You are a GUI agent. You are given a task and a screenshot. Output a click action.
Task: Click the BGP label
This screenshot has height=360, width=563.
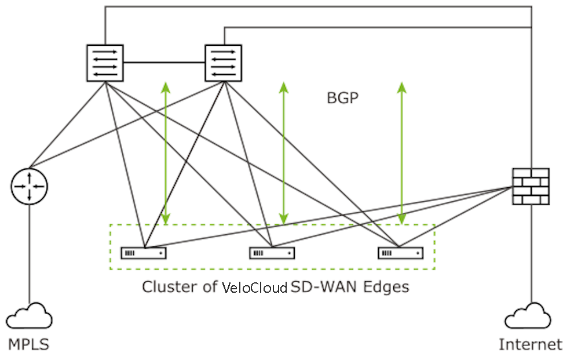(342, 98)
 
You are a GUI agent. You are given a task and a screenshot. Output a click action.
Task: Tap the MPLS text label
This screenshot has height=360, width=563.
(28, 344)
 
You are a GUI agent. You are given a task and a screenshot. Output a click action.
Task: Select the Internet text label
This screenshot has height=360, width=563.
(531, 344)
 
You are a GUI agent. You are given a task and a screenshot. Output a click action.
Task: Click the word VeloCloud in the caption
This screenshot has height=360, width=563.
(255, 288)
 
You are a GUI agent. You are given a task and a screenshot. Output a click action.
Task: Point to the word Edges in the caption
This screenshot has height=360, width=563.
(386, 287)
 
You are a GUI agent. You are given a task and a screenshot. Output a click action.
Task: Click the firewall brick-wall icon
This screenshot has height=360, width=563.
(531, 187)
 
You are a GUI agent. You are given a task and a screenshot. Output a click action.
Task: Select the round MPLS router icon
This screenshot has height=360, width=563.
(30, 187)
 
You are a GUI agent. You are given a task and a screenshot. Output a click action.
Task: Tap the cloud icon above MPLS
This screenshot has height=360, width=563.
(29, 316)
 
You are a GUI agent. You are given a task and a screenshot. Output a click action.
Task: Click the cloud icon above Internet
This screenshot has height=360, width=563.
(528, 316)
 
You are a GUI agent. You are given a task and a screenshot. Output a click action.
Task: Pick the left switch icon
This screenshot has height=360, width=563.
(105, 63)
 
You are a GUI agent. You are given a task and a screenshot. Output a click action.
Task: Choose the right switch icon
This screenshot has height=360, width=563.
(224, 63)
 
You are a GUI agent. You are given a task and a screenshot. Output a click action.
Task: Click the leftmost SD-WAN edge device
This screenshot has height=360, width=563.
(144, 253)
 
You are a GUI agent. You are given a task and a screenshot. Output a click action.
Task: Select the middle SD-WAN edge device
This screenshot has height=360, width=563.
(272, 253)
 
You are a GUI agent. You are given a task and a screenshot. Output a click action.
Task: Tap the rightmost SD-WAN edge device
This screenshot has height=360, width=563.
(401, 253)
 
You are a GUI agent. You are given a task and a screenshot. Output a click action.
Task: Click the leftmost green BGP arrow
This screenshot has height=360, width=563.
(166, 154)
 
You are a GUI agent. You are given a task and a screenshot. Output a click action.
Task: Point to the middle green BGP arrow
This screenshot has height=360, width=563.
(284, 154)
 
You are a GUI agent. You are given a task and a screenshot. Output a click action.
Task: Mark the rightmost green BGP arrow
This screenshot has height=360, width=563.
(402, 154)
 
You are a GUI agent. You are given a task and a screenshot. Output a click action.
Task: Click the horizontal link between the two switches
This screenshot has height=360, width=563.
(164, 63)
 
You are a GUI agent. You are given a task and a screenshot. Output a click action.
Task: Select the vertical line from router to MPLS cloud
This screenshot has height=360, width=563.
(30, 254)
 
